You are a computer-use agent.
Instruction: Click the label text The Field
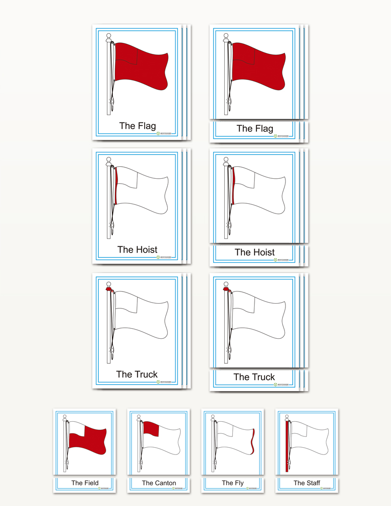pyautogui.click(x=85, y=483)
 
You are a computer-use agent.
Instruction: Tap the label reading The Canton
pyautogui.click(x=159, y=483)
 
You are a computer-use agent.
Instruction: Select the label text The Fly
pyautogui.click(x=233, y=483)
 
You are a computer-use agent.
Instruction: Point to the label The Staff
pyautogui.click(x=307, y=483)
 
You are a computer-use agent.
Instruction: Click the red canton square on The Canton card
pyautogui.click(x=151, y=429)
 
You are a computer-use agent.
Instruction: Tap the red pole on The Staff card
pyautogui.click(x=287, y=446)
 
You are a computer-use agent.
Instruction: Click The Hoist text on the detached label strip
pyautogui.click(x=255, y=253)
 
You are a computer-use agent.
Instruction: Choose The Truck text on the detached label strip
pyautogui.click(x=254, y=377)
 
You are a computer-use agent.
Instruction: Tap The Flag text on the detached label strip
pyautogui.click(x=255, y=129)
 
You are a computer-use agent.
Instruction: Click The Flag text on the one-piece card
pyautogui.click(x=137, y=126)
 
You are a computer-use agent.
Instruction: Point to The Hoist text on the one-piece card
pyautogui.click(x=137, y=250)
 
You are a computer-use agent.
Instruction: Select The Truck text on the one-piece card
pyautogui.click(x=137, y=374)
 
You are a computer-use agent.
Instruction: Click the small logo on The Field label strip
pyautogui.click(x=99, y=489)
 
